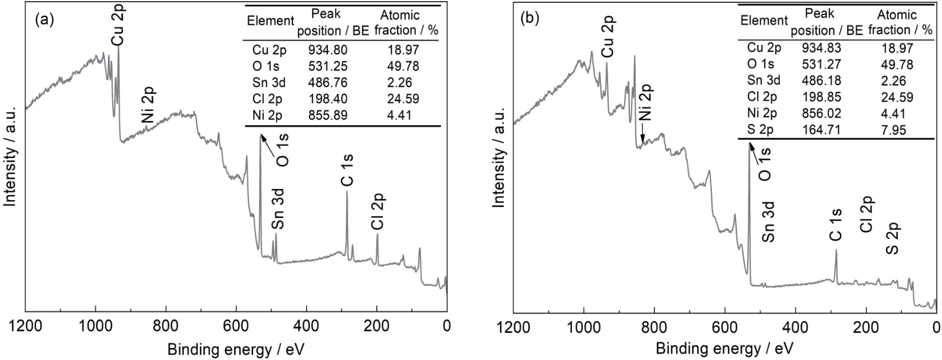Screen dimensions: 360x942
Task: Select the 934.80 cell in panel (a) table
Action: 328,50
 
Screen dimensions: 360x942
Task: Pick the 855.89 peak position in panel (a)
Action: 328,115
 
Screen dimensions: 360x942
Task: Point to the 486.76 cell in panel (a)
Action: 328,83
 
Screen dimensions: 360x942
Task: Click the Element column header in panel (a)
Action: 270,21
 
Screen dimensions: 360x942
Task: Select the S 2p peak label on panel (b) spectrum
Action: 893,238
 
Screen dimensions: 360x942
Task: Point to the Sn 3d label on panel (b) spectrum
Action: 768,221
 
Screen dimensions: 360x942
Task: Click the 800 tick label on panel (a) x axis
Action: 165,325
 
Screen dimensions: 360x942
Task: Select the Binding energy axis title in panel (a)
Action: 236,348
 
